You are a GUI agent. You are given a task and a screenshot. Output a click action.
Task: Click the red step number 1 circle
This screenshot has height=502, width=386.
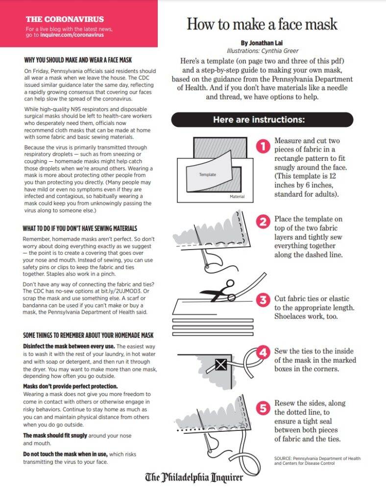coord(264,146)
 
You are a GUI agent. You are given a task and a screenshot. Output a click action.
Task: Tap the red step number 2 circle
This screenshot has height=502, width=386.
coord(264,222)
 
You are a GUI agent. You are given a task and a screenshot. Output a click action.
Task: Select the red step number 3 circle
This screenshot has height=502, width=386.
coord(264,300)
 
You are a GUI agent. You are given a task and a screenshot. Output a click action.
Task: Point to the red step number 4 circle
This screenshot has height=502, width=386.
coord(264,352)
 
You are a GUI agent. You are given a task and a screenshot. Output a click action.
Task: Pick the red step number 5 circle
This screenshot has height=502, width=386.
coord(264,407)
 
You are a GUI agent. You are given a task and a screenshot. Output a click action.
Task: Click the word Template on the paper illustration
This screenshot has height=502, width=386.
coord(207,175)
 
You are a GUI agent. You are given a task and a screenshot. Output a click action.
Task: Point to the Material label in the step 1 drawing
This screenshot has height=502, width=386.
coord(237,197)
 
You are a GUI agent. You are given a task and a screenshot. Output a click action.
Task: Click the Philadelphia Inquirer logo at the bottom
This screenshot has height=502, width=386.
coord(193,477)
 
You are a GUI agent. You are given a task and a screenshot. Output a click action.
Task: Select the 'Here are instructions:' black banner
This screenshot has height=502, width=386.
coord(262,120)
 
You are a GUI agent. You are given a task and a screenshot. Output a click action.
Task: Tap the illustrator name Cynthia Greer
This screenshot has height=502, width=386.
coord(279,50)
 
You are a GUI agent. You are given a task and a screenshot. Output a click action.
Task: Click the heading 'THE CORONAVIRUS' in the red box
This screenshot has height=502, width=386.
coord(65,19)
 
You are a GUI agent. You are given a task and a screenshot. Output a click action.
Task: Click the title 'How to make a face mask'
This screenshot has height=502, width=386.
coord(262,24)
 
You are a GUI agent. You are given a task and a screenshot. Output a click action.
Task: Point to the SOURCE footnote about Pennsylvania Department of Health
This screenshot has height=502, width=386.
coord(317,460)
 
